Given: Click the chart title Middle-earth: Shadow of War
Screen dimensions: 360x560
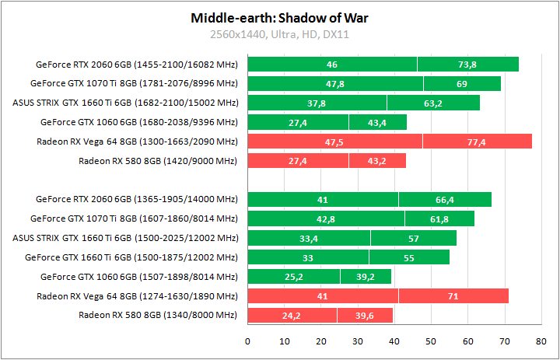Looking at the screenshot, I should (281, 17).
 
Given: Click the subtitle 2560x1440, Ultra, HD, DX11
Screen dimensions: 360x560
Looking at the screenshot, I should (281, 34).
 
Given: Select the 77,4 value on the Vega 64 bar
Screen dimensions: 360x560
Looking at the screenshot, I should (477, 142).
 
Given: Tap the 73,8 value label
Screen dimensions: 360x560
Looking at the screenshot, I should (467, 65).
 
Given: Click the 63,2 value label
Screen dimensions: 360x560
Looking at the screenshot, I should (433, 103).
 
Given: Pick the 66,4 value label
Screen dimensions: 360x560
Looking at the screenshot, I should (445, 200).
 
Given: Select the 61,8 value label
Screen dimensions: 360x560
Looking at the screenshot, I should (439, 219).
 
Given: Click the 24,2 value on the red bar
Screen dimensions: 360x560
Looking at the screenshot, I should (292, 315).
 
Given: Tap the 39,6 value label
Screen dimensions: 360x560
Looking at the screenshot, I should (365, 315).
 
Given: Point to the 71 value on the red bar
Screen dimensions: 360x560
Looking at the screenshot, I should (453, 296).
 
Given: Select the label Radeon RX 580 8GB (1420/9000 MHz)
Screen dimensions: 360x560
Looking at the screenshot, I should (157, 161).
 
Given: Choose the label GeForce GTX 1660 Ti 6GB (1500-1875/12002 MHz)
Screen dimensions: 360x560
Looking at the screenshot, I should (131, 257).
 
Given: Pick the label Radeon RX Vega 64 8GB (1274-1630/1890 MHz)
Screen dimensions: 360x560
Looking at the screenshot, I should (136, 296).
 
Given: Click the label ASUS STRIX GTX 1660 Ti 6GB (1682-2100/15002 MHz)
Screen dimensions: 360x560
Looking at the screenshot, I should (125, 103).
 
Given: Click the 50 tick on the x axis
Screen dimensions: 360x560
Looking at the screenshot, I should (431, 341).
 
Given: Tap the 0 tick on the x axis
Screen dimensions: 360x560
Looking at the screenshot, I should (247, 341).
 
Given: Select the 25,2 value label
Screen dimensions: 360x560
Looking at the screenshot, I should (294, 277).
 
